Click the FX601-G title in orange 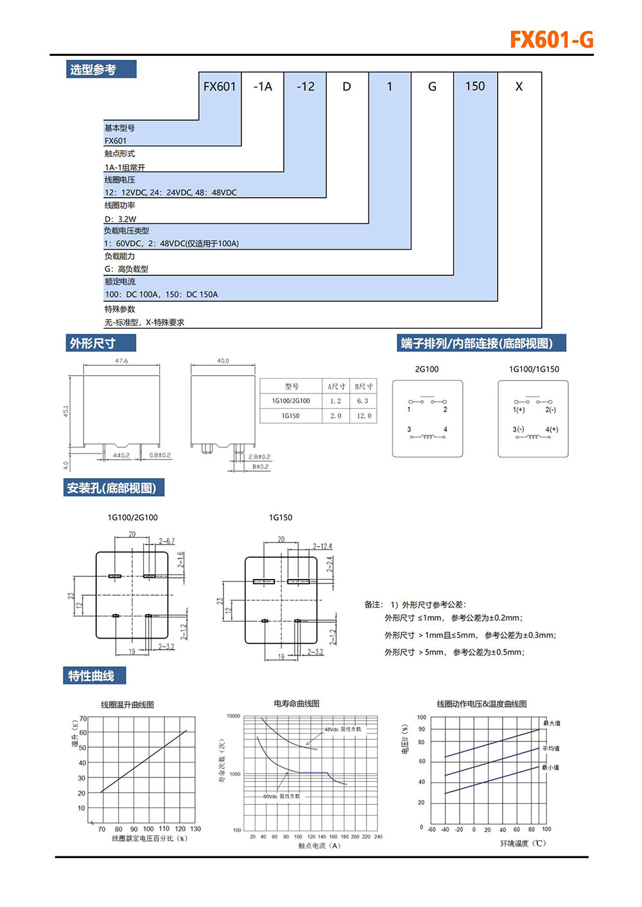click(551, 40)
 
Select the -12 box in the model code click(305, 87)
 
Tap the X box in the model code click(519, 87)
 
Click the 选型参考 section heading click(93, 69)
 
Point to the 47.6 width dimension click(121, 361)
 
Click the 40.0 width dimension click(223, 361)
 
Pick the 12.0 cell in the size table click(364, 416)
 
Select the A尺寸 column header click(336, 386)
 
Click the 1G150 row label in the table click(291, 416)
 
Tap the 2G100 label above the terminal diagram click(427, 369)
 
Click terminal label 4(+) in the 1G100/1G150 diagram click(551, 429)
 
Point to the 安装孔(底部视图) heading click(112, 488)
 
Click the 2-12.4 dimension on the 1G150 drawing click(322, 546)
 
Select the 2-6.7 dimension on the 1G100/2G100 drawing click(166, 541)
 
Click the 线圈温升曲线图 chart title click(127, 705)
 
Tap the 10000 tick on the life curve click(233, 716)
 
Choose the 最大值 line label click(551, 723)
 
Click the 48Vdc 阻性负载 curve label click(343, 729)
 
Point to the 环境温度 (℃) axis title click(523, 843)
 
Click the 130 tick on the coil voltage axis click(196, 829)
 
